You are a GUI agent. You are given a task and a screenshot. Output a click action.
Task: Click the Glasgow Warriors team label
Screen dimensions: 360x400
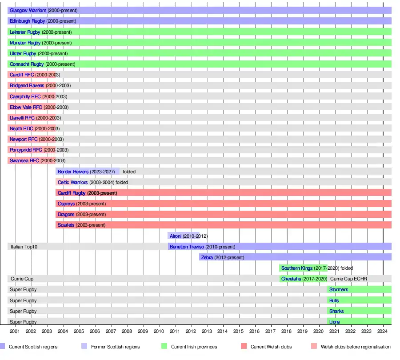pyautogui.click(x=28, y=10)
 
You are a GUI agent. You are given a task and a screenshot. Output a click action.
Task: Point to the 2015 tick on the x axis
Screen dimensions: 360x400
pyautogui.click(x=239, y=332)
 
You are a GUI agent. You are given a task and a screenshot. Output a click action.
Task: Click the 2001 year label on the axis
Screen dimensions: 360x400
pyautogui.click(x=15, y=332)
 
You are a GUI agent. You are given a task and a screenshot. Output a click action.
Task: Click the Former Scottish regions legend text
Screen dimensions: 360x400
pyautogui.click(x=115, y=347)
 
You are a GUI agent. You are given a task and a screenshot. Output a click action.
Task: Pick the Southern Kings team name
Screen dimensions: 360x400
pyautogui.click(x=296, y=268)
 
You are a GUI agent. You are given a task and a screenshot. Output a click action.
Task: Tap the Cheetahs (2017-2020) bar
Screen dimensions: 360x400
pyautogui.click(x=304, y=279)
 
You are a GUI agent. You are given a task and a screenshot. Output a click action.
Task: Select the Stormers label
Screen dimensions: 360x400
pyautogui.click(x=339, y=290)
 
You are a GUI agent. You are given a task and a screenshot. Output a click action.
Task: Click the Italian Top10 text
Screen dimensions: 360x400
pyautogui.click(x=24, y=247)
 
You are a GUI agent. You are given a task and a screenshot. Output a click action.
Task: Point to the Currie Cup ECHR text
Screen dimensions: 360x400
pyautogui.click(x=348, y=279)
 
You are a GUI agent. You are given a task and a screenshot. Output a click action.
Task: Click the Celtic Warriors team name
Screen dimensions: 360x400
pyautogui.click(x=72, y=182)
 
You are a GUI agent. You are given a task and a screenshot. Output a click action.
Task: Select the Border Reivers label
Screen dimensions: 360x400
pyautogui.click(x=73, y=172)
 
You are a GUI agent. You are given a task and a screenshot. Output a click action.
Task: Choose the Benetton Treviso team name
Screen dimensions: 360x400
pyautogui.click(x=187, y=247)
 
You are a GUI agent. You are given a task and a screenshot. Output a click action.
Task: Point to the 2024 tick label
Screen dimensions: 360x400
pyautogui.click(x=383, y=332)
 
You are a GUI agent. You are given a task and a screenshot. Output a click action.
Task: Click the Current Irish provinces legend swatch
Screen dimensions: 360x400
pyautogui.click(x=164, y=347)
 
